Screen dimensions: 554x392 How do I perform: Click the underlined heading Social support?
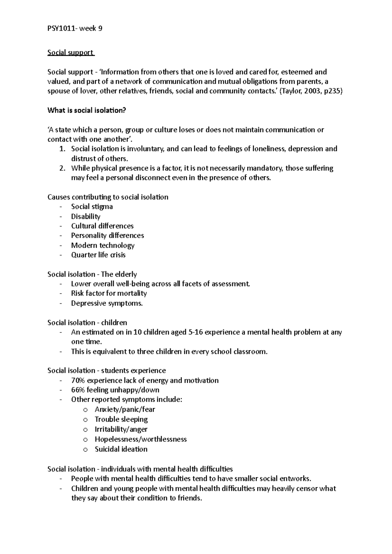point(70,53)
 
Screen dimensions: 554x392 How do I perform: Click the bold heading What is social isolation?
point(87,110)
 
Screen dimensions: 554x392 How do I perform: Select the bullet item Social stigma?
point(92,207)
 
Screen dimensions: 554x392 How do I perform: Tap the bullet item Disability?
point(86,216)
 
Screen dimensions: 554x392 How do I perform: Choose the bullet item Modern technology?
point(103,245)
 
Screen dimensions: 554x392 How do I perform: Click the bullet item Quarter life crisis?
point(98,255)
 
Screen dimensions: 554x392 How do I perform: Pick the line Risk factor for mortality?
point(109,293)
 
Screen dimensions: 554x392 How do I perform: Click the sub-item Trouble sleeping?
point(121,419)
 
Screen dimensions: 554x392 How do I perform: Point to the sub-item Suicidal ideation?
point(121,449)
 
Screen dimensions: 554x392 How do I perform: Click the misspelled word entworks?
point(294,479)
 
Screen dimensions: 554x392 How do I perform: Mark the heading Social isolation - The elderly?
point(92,274)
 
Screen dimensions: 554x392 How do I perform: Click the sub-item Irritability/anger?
point(121,429)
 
